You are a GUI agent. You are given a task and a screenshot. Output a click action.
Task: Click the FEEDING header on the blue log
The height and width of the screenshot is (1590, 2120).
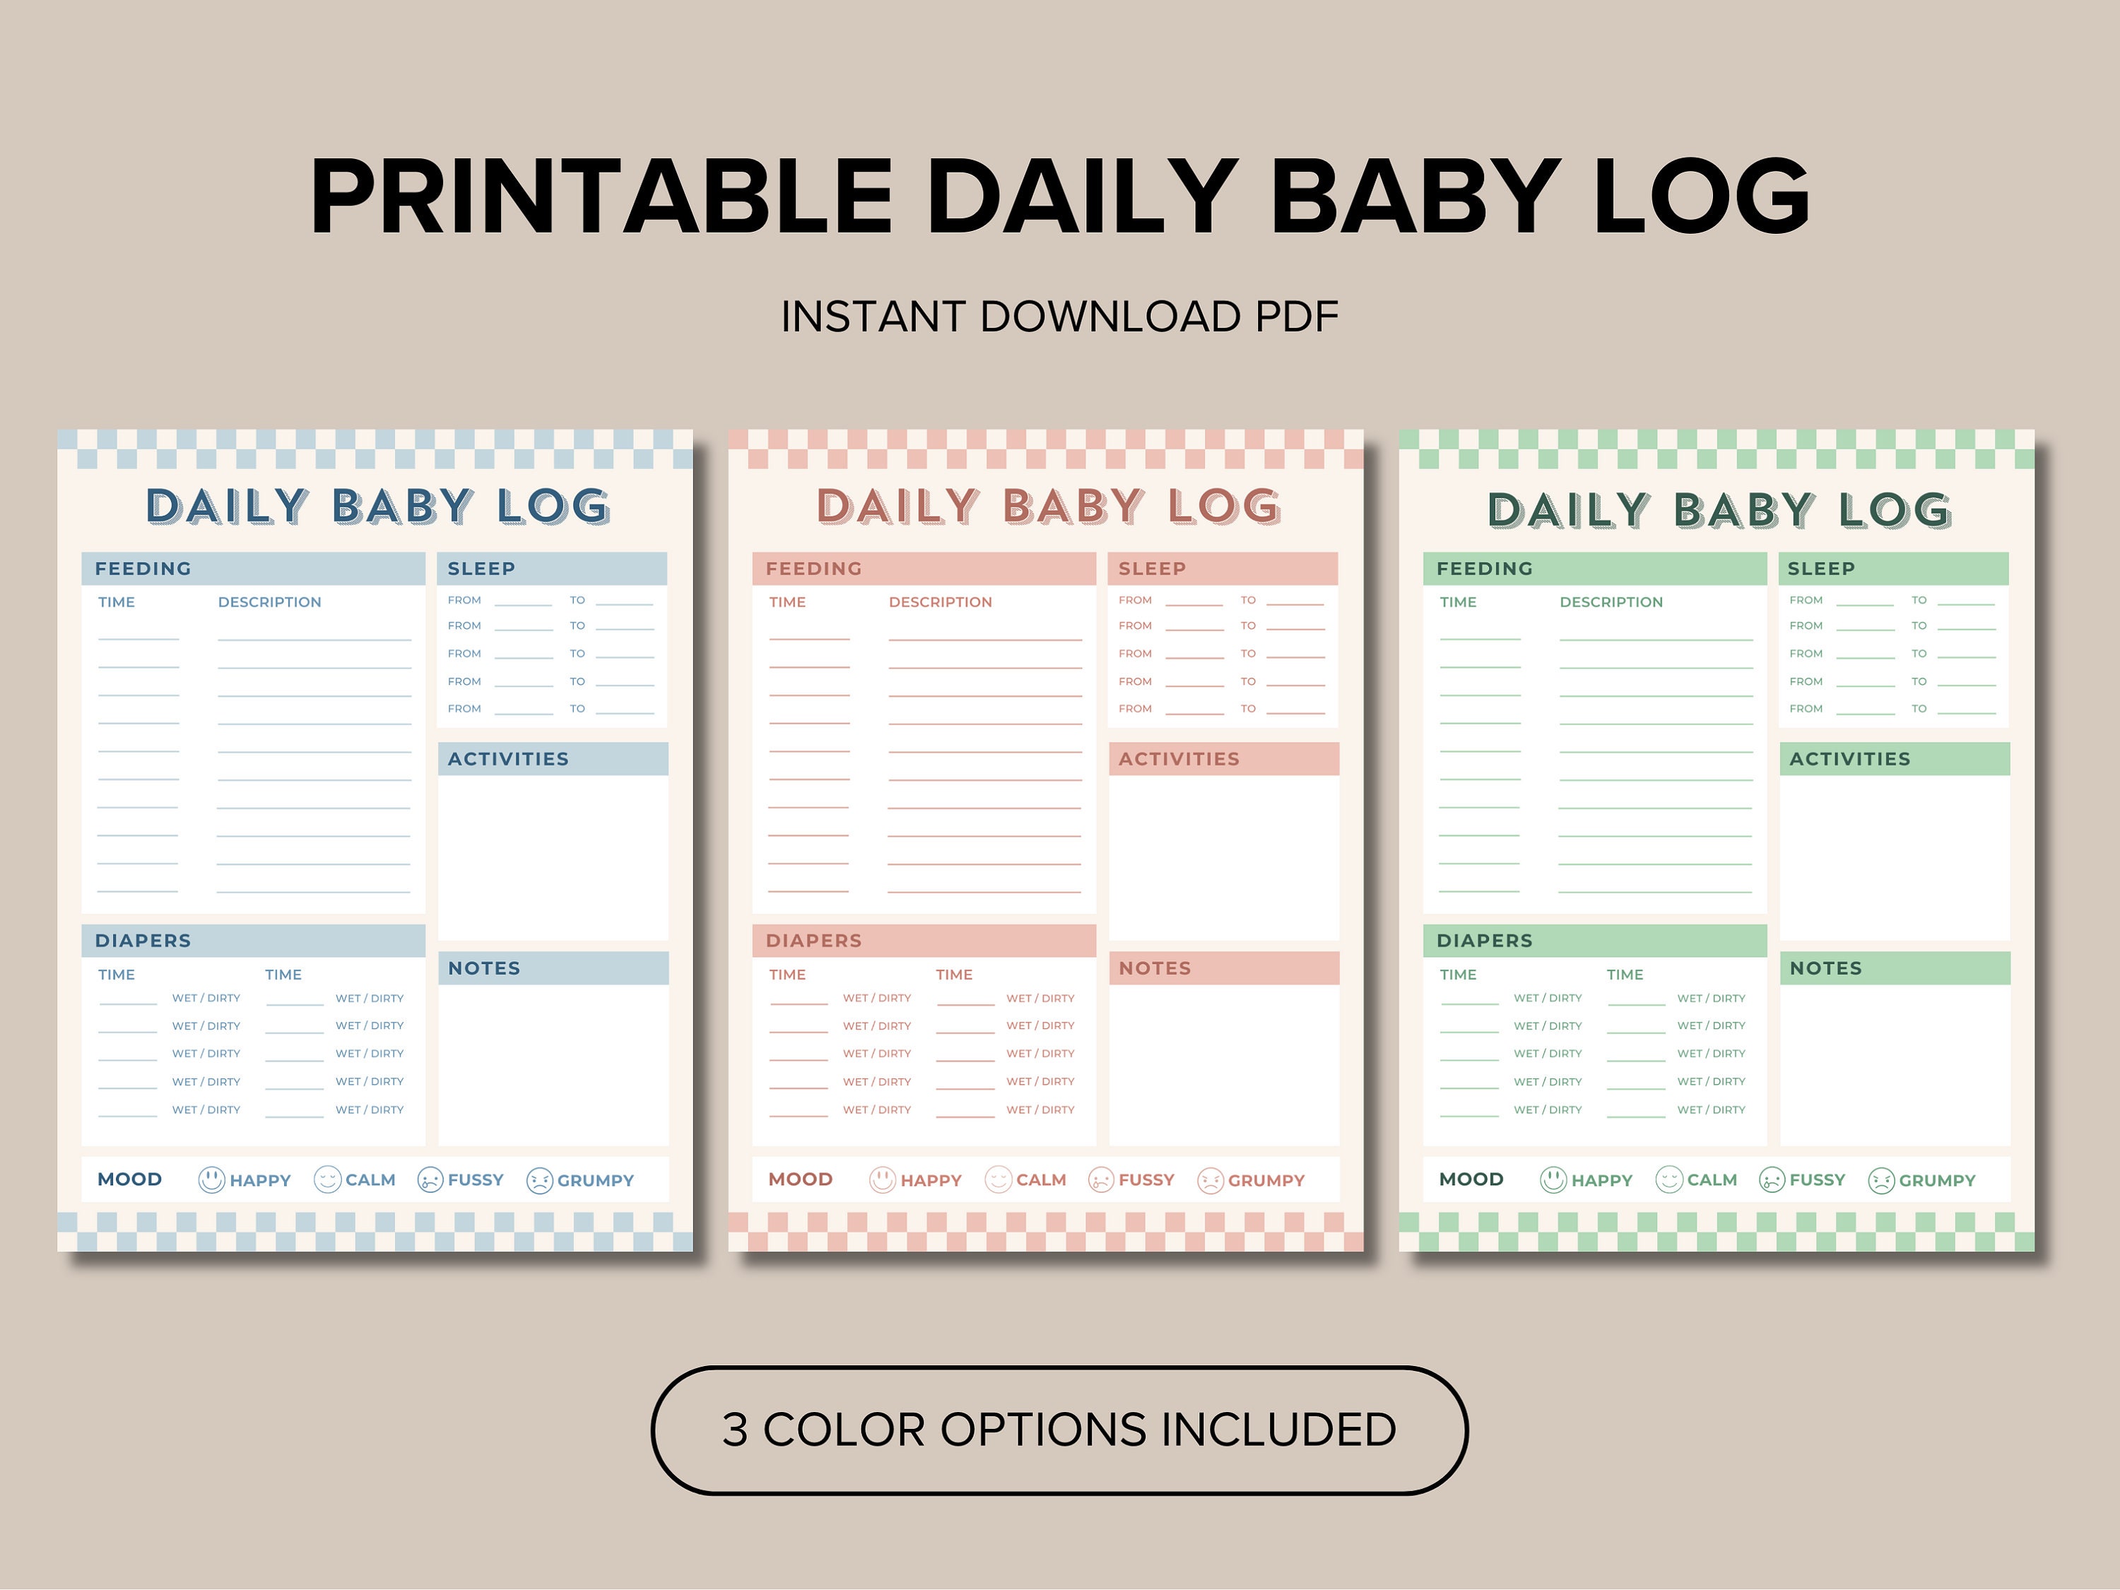(143, 568)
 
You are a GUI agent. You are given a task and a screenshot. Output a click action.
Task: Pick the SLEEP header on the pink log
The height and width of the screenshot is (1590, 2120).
(1152, 568)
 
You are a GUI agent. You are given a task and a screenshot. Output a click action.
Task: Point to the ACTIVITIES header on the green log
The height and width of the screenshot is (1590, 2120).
(1850, 759)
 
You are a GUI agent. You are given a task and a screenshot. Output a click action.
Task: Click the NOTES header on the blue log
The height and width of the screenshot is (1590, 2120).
(484, 968)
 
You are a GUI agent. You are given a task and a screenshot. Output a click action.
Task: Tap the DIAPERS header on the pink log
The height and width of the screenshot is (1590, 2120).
(813, 940)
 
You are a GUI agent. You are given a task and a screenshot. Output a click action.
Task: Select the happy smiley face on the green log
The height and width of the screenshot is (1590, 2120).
(1553, 1180)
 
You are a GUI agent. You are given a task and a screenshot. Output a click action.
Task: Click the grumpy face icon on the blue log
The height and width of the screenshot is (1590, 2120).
(540, 1181)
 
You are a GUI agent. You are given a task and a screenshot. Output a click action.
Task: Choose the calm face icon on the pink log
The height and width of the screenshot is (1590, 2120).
(998, 1180)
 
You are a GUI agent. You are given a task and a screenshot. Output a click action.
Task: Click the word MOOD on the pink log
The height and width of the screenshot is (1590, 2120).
(800, 1179)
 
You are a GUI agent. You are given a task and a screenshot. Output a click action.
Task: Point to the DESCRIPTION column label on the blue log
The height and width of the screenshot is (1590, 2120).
(269, 602)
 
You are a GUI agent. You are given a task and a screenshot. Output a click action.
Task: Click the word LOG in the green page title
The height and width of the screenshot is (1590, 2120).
(1895, 510)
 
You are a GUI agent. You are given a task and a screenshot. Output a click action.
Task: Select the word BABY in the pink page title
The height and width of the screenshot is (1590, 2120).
(1073, 506)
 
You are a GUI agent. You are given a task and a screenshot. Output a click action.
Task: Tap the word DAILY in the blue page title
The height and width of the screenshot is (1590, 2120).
(226, 506)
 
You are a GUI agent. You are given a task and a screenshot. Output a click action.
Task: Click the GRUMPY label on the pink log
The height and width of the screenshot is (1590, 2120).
(1266, 1181)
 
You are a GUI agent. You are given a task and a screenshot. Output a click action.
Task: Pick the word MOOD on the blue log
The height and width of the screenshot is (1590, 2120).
(129, 1179)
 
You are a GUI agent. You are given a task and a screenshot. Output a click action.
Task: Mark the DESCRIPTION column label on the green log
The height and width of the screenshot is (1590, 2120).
(1611, 602)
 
